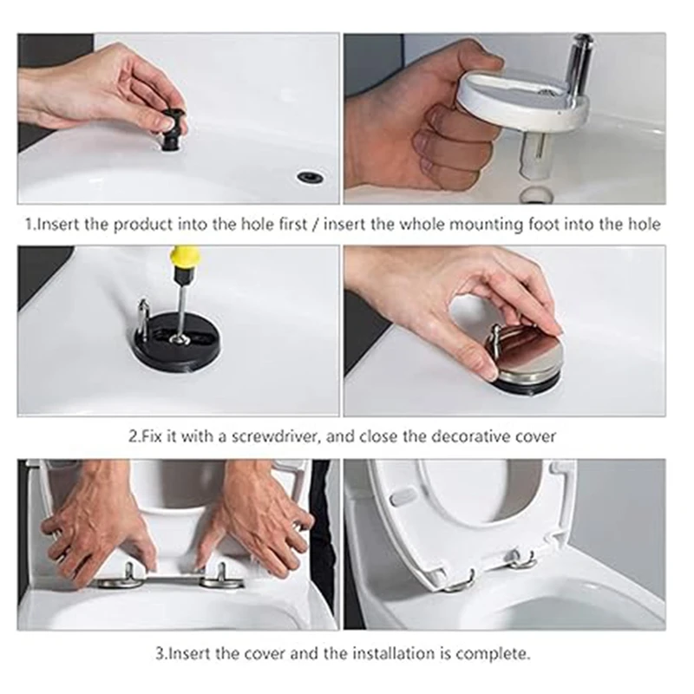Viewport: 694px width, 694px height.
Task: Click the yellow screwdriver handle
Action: [x=185, y=262]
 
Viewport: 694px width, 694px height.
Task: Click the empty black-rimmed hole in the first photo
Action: [x=311, y=177]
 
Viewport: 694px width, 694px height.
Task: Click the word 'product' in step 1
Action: [x=143, y=226]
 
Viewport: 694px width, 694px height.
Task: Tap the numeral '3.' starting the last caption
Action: [x=160, y=654]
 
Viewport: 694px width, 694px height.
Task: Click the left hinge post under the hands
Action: [x=128, y=575]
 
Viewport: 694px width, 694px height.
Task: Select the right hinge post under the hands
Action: [x=221, y=574]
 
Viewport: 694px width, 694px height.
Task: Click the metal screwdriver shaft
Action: [x=180, y=310]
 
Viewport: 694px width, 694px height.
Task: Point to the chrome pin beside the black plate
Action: [x=144, y=316]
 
